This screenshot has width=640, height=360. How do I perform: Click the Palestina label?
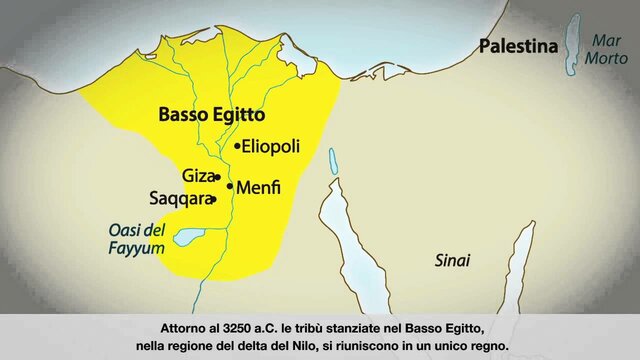[x=517, y=46]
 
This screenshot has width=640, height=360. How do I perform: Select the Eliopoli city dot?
[x=237, y=146]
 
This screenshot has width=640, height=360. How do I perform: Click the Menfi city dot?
[x=230, y=186]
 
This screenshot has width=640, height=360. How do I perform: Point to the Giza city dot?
[x=217, y=178]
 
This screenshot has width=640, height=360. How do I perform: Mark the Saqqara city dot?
[x=214, y=199]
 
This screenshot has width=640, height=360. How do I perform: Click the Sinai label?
[x=452, y=260]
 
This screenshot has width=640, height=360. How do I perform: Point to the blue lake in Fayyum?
[x=189, y=238]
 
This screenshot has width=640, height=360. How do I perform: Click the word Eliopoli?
[x=271, y=146]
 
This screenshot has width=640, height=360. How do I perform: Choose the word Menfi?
[x=258, y=187]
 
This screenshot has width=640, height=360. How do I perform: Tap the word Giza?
[x=198, y=176]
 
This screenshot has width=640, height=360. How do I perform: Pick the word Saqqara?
[x=180, y=198]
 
